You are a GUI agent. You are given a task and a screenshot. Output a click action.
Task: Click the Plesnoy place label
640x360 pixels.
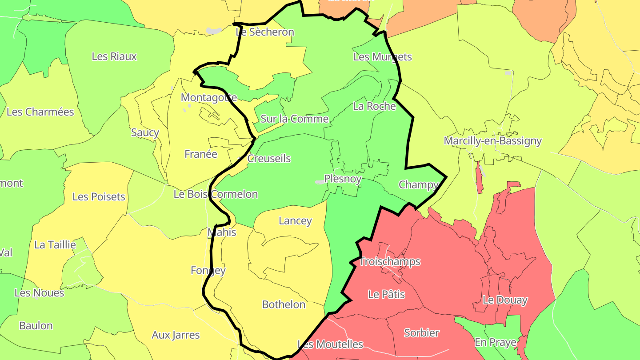coord(343,179)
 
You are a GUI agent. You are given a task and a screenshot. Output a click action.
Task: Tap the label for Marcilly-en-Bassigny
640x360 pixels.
coord(492,141)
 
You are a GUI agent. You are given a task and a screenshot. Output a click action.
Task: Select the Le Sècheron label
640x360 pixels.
coord(264,32)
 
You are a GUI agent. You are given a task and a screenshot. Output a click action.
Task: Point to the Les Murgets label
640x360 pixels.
coord(382,57)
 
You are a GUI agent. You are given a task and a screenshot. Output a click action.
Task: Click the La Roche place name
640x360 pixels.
coord(374,106)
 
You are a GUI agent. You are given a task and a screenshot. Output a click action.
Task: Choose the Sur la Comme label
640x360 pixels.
coord(294,119)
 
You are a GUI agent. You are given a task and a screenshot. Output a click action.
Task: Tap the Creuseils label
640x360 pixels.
coord(268,159)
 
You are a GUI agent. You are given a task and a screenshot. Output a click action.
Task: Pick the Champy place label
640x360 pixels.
coord(418,184)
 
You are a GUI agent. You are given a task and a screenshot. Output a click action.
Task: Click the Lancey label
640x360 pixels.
coord(295,221)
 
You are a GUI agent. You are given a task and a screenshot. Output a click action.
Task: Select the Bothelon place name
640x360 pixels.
coord(284,305)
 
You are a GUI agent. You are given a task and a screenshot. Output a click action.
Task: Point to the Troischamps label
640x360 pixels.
coord(389,262)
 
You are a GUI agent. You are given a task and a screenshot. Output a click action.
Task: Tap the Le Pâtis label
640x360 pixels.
coord(386,294)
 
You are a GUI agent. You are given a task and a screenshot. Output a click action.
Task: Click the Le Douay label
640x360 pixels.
coord(505,300)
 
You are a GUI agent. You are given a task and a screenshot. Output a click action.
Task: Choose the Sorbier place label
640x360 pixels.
coord(421,333)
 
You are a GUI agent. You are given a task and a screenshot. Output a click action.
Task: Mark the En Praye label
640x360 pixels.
coord(495,342)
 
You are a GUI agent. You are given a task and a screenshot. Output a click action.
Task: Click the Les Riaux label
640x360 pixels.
coord(114,56)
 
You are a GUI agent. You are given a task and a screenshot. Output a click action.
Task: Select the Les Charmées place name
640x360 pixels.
coord(40,112)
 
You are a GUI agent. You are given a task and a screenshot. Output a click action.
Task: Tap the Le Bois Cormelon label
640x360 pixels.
coord(216,194)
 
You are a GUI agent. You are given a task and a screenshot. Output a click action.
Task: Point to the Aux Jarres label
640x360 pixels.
coord(176,335)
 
